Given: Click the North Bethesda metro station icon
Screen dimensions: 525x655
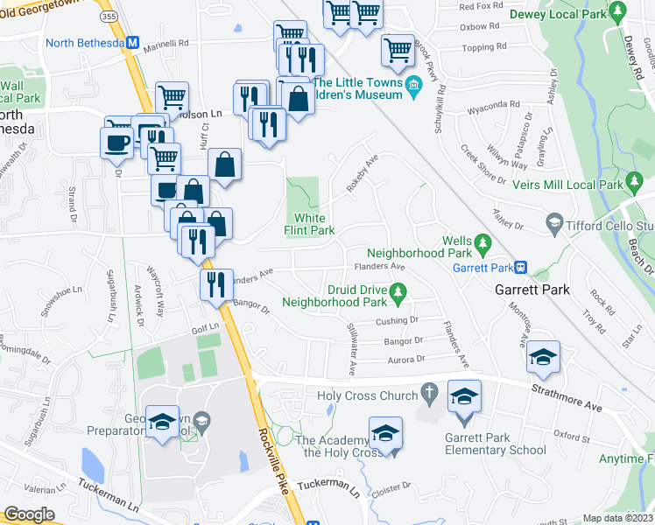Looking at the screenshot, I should pos(133,42).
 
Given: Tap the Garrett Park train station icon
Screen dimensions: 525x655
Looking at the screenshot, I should pos(520,267).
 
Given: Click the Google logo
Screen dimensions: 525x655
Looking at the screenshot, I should pos(29,514).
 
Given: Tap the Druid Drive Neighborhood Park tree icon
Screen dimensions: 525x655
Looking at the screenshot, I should pos(398,290).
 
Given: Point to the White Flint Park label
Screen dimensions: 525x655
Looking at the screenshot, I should pos(309,225).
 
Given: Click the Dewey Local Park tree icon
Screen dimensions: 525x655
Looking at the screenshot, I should pos(618,13).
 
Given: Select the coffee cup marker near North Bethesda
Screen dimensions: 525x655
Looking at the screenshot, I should pos(116,143).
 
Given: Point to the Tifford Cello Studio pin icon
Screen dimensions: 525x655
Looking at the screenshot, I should pos(553,225).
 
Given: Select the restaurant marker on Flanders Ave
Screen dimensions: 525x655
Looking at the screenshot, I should pos(215,283).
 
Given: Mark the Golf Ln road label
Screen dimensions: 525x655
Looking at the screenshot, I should pos(204,329).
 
